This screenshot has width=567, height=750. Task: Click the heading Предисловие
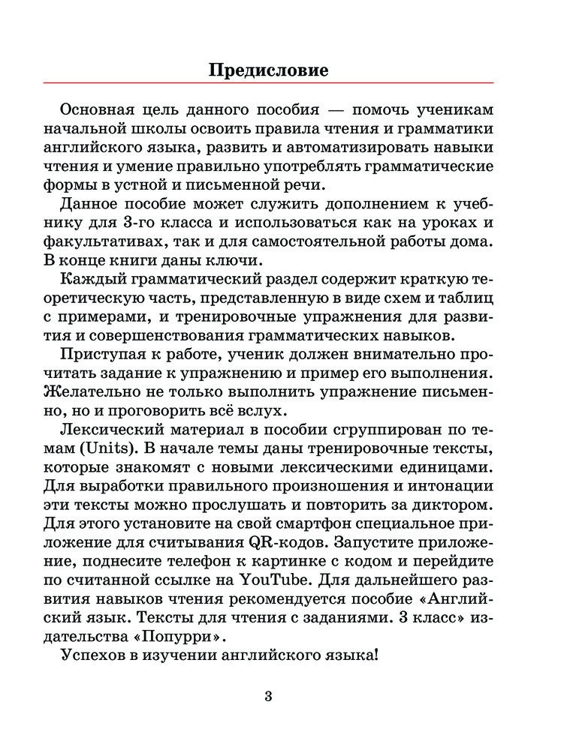(268, 71)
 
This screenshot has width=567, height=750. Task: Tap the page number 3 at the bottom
(268, 696)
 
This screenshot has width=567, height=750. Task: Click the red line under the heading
(268, 82)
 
